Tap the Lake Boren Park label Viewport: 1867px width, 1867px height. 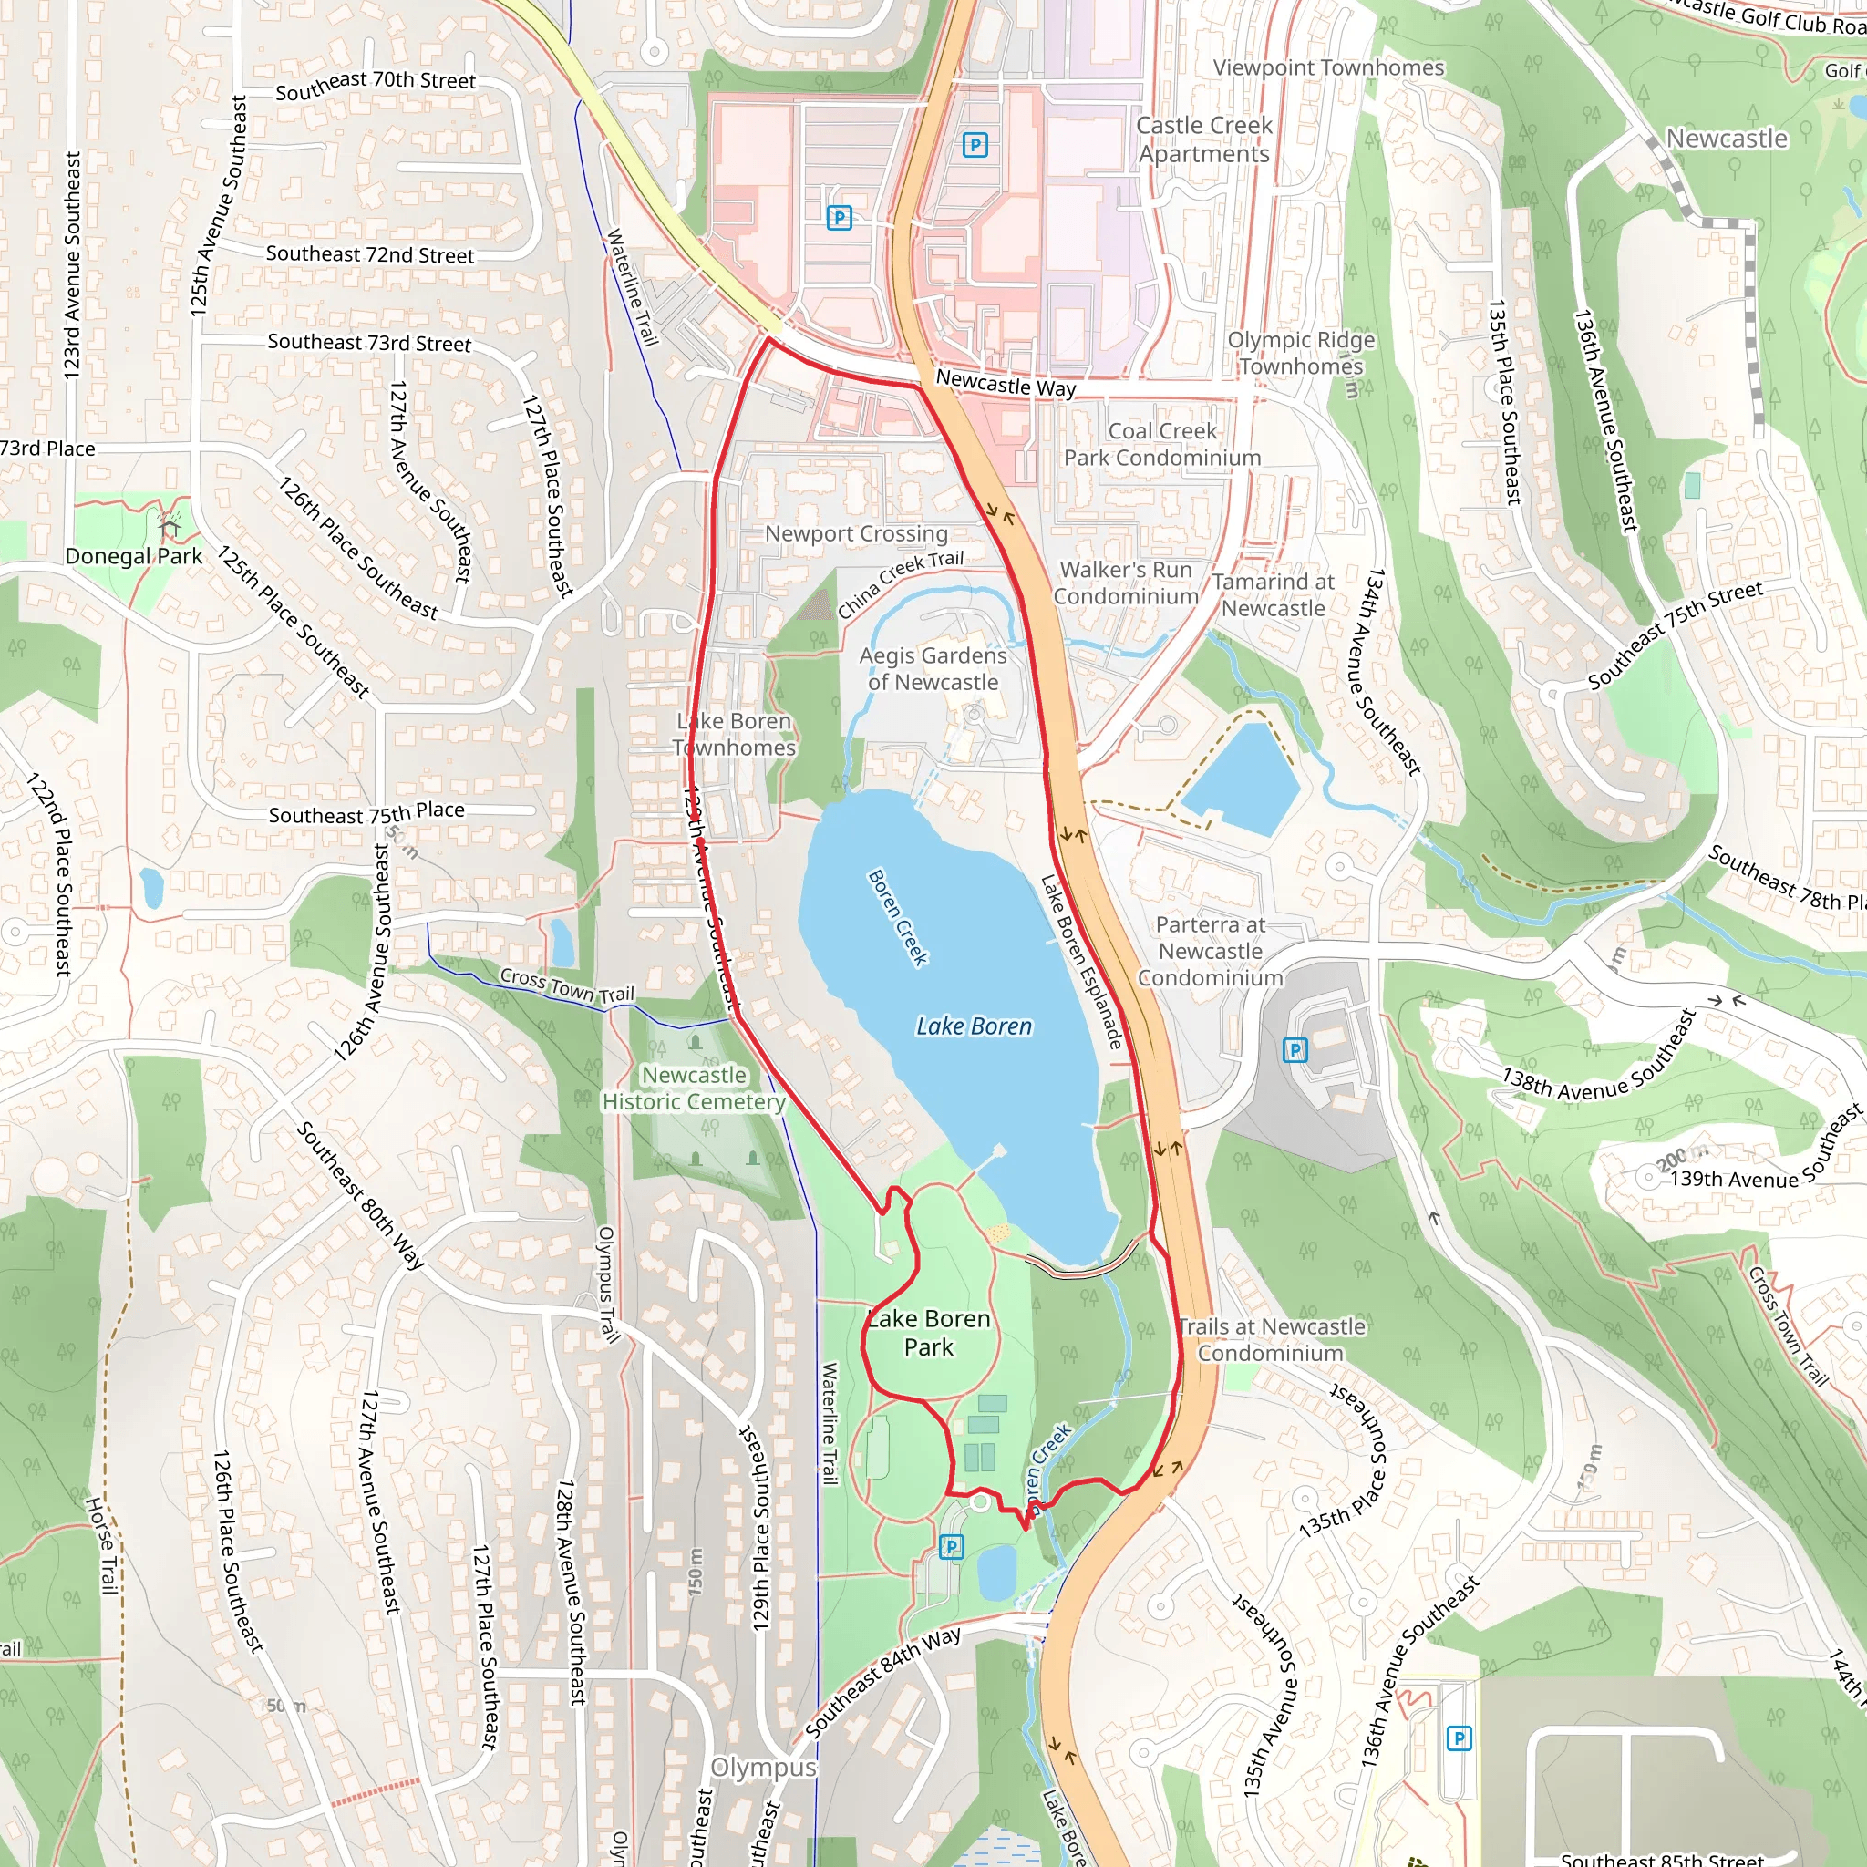tap(929, 1333)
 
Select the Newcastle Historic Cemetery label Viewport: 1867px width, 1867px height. tap(694, 1088)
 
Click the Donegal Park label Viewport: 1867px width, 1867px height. tap(133, 556)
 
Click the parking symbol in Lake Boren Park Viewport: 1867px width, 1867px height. tap(951, 1547)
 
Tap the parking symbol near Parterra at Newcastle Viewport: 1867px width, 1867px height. tap(1295, 1049)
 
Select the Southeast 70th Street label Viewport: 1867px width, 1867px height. tap(375, 85)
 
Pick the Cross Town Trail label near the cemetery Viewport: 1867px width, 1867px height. tap(566, 985)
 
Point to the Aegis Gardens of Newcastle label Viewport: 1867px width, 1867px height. tap(933, 669)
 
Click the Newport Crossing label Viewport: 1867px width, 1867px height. tap(856, 533)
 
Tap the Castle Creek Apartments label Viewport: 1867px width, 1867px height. tap(1204, 139)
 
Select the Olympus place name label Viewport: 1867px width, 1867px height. tap(763, 1767)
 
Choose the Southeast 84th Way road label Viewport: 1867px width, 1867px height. tap(882, 1680)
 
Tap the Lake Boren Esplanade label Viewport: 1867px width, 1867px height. tap(1081, 963)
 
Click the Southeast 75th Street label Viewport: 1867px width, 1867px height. tap(1675, 634)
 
